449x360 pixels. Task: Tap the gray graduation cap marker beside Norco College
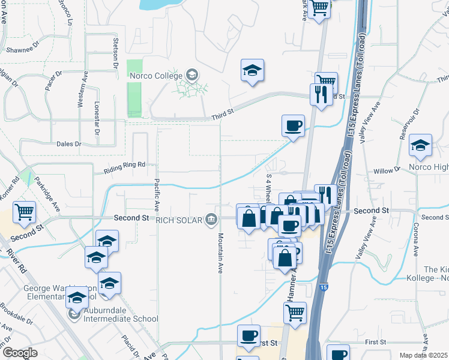pyautogui.click(x=191, y=75)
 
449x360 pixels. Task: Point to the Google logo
pyautogui.click(x=19, y=353)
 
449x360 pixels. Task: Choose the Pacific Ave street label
pyautogui.click(x=157, y=196)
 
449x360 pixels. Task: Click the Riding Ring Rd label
pyautogui.click(x=125, y=164)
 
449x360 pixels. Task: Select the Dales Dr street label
pyautogui.click(x=70, y=144)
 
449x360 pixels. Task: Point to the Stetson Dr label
pyautogui.click(x=116, y=53)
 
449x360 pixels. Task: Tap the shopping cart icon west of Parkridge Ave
pyautogui.click(x=25, y=211)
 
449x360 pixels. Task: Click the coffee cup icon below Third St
pyautogui.click(x=293, y=126)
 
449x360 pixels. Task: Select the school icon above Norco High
pyautogui.click(x=420, y=145)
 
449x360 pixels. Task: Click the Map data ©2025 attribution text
pyautogui.click(x=423, y=355)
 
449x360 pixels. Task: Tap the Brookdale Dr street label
pyautogui.click(x=16, y=314)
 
